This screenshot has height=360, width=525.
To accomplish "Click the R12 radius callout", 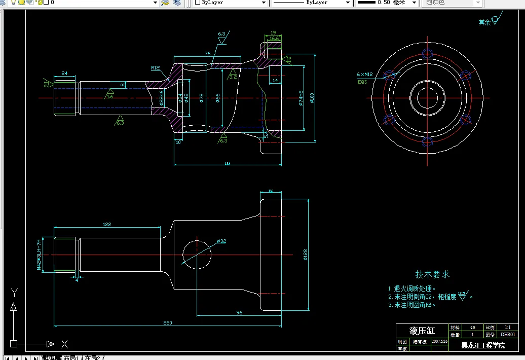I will click(x=155, y=67).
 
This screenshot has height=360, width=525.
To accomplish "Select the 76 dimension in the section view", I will click(x=207, y=53).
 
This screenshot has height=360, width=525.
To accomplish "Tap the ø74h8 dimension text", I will click(x=301, y=98).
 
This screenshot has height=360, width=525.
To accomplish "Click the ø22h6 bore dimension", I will click(x=162, y=97).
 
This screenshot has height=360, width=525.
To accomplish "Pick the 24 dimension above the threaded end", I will click(x=64, y=74).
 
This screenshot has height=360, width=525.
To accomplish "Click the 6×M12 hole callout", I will click(x=364, y=75).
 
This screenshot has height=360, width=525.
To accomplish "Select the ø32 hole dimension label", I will click(x=221, y=241).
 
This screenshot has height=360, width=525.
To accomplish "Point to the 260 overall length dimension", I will click(x=167, y=323).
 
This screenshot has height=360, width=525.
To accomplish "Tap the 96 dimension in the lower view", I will click(x=239, y=313).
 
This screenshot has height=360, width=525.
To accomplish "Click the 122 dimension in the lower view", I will click(x=107, y=224).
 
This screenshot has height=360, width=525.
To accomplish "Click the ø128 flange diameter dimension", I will click(x=306, y=255).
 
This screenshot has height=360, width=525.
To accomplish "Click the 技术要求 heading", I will click(x=432, y=274).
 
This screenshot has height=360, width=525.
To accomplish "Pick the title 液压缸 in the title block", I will click(x=422, y=331).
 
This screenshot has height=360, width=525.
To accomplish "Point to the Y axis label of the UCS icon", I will click(x=14, y=293).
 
